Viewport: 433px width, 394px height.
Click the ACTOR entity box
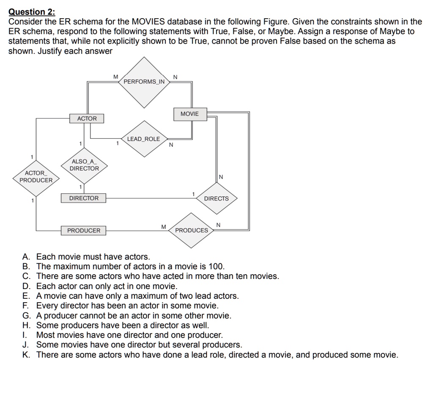87,118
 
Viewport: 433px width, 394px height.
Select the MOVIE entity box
189,114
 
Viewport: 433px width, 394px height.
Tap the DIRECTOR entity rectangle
84,198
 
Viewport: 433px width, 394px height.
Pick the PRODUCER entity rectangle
84,231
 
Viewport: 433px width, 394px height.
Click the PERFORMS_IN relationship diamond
145,81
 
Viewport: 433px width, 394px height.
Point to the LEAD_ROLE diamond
144,139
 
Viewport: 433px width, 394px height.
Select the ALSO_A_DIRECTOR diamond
85,165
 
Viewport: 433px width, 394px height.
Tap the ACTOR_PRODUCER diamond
36,177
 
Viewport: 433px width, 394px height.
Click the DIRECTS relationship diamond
216,198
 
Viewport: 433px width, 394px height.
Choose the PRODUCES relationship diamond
192,230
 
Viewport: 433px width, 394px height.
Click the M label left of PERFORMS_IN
115,77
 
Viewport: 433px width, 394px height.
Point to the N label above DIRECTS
221,177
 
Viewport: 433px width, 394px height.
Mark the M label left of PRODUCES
163,227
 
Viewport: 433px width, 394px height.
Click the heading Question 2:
32,12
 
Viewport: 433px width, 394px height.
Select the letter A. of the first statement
27,257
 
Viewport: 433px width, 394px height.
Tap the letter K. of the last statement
27,355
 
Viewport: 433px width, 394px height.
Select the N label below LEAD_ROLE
171,145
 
